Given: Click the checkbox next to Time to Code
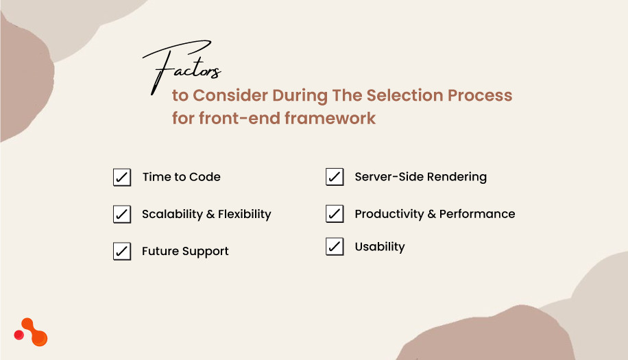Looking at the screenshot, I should (122, 178).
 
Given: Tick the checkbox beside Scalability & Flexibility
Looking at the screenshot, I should (122, 215).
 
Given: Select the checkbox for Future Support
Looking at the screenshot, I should (122, 252).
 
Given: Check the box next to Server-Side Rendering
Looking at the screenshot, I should (335, 178).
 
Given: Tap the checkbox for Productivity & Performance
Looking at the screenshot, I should (335, 215).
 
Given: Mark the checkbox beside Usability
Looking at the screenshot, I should (335, 247).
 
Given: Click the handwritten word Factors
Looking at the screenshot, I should (182, 69).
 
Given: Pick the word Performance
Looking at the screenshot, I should (477, 214).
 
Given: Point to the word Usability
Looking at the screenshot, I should (380, 247).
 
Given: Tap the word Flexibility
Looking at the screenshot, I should (245, 214).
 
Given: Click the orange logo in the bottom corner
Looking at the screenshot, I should (32, 332).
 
